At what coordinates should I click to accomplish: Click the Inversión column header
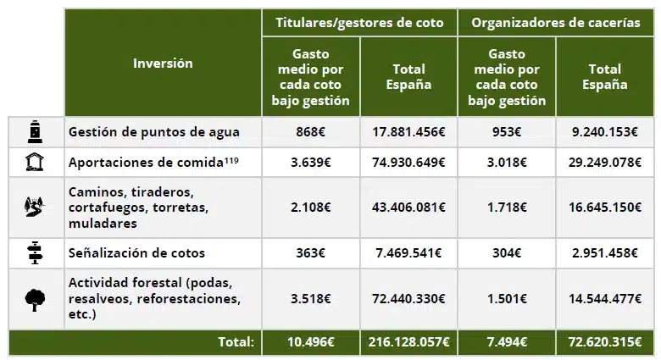pyautogui.click(x=163, y=64)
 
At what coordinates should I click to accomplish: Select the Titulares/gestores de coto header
pyautogui.click(x=359, y=23)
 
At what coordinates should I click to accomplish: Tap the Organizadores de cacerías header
pyautogui.click(x=555, y=23)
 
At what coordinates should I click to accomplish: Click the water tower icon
pyautogui.click(x=35, y=132)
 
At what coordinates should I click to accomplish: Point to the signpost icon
pyautogui.click(x=35, y=252)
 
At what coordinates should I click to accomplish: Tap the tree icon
pyautogui.click(x=35, y=299)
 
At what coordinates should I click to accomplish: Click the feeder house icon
pyautogui.click(x=35, y=162)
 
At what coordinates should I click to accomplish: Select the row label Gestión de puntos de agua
pyautogui.click(x=153, y=132)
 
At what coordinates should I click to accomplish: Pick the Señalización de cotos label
pyautogui.click(x=136, y=252)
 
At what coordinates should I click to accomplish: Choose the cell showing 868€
pyautogui.click(x=310, y=132)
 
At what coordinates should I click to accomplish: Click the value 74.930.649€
pyautogui.click(x=408, y=162)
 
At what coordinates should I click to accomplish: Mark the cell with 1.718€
pyautogui.click(x=506, y=207)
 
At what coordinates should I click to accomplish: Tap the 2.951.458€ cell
pyautogui.click(x=605, y=252)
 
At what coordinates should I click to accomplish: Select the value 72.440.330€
pyautogui.click(x=408, y=299)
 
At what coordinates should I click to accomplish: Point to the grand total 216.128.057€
pyautogui.click(x=408, y=342)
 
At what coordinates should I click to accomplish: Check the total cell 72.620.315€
pyautogui.click(x=605, y=342)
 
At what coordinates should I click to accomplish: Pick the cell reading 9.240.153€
pyautogui.click(x=605, y=132)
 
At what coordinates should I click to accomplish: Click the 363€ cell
pyautogui.click(x=310, y=252)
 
